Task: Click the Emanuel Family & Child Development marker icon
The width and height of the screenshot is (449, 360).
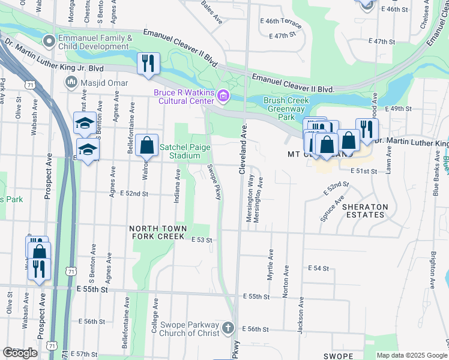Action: point(49,41)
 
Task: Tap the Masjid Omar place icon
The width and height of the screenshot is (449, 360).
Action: point(72,81)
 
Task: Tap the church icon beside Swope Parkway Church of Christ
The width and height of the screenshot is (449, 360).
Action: point(228,328)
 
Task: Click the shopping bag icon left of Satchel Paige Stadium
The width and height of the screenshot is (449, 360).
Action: point(146,145)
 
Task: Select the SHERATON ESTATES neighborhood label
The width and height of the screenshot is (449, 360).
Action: point(366,211)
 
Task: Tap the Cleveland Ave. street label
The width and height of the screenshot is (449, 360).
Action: point(244,150)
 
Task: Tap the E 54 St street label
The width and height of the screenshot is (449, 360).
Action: point(318,268)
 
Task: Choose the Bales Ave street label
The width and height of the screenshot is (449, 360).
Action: point(212,13)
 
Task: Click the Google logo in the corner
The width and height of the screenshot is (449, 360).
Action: point(20,353)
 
